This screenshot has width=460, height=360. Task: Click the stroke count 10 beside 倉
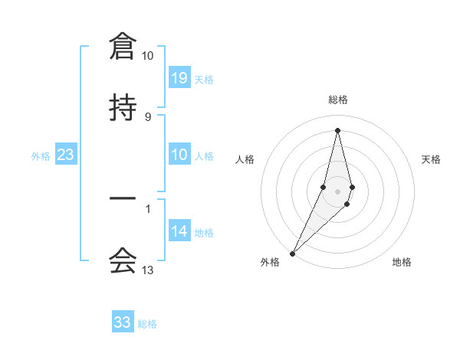click(x=147, y=56)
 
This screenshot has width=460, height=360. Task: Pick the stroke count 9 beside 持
click(x=147, y=116)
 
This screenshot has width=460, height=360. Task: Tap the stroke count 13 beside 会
click(x=147, y=270)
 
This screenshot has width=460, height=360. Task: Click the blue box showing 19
click(x=179, y=78)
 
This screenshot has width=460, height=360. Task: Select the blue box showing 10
click(x=179, y=155)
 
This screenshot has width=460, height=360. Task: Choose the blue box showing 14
click(x=179, y=231)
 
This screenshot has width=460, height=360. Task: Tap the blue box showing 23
click(x=66, y=155)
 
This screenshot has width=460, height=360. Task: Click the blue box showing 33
click(x=123, y=322)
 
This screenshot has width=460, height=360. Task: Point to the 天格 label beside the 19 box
click(x=204, y=79)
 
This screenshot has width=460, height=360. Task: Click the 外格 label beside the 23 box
click(x=41, y=156)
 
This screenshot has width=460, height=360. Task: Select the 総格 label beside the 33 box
click(x=147, y=323)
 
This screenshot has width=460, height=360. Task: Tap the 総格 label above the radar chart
click(x=337, y=100)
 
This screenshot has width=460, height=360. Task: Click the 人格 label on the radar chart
click(x=245, y=159)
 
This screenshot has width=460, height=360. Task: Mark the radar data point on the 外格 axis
click(x=292, y=253)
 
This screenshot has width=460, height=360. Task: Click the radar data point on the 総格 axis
click(x=337, y=129)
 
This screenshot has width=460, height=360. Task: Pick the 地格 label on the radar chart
click(x=402, y=262)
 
